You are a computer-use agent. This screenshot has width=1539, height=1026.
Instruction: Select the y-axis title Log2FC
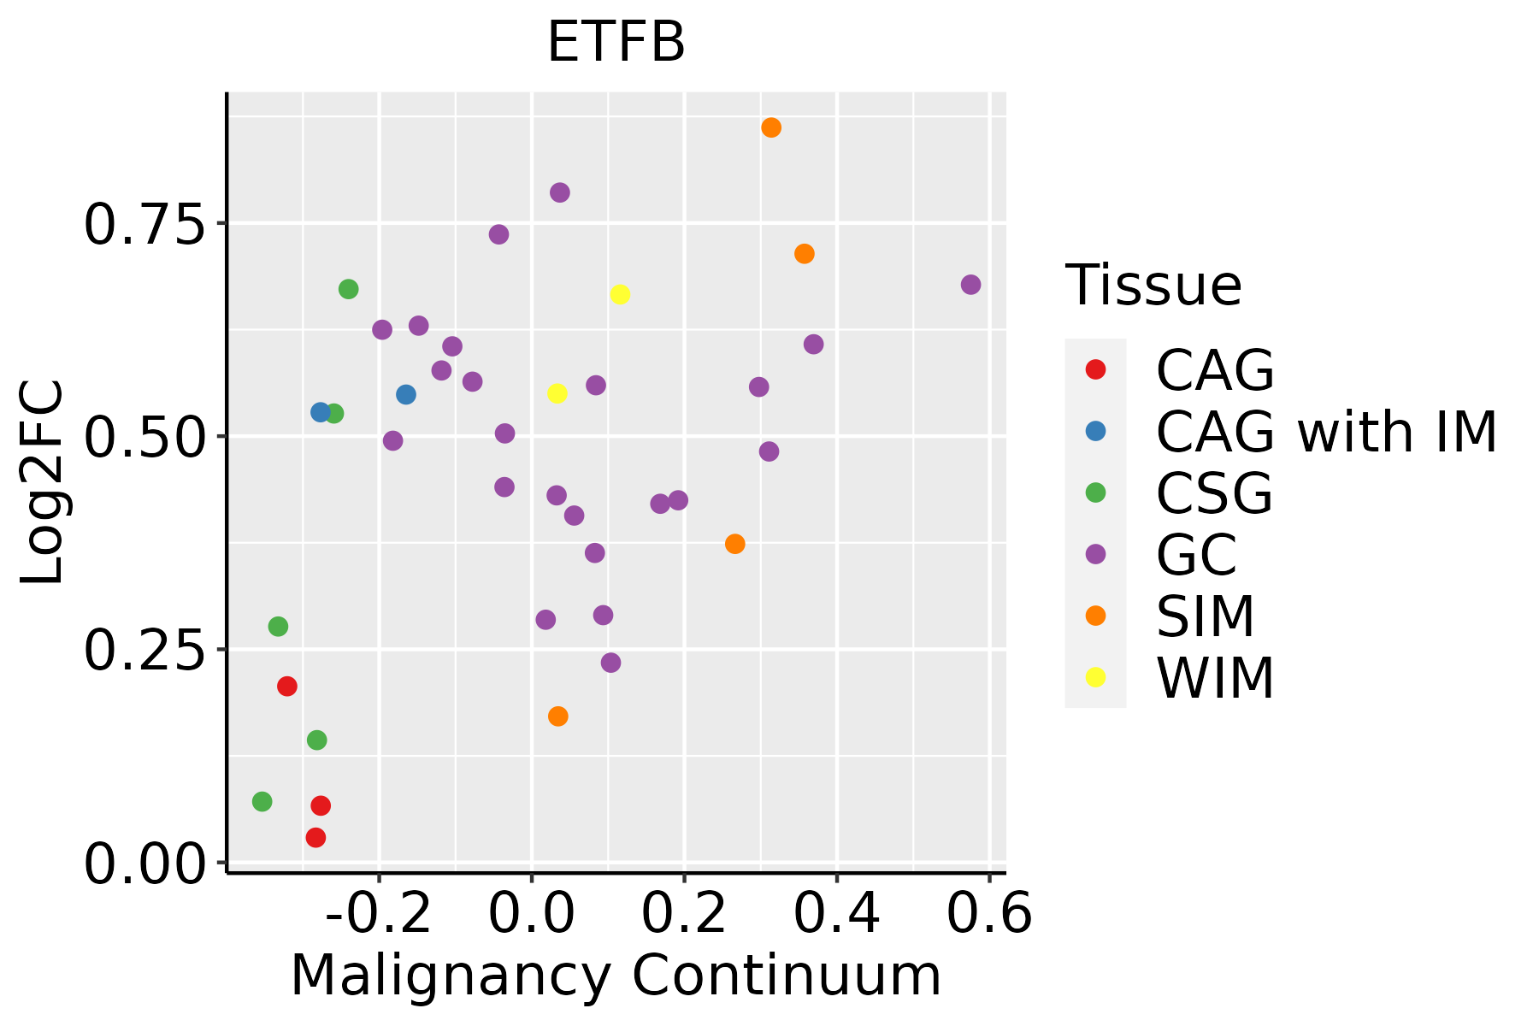(x=43, y=483)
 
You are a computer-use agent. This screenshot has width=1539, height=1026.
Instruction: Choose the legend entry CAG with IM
(x=1325, y=432)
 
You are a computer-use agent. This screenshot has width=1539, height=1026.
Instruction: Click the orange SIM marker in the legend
(x=1094, y=616)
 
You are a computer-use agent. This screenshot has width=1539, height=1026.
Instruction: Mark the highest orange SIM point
(x=771, y=127)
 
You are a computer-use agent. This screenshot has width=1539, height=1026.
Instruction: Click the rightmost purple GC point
(x=970, y=285)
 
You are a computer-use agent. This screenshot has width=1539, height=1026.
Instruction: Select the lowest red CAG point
(x=315, y=837)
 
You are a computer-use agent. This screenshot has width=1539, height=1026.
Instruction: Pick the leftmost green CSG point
(x=262, y=801)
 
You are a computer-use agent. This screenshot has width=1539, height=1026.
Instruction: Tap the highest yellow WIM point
(x=620, y=294)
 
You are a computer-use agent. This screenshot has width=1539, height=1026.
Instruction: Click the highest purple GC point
(x=560, y=192)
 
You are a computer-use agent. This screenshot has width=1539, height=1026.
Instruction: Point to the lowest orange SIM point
(x=557, y=716)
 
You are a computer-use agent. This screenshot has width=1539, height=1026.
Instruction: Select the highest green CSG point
(x=348, y=289)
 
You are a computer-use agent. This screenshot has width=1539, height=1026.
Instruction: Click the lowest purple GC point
(x=610, y=663)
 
